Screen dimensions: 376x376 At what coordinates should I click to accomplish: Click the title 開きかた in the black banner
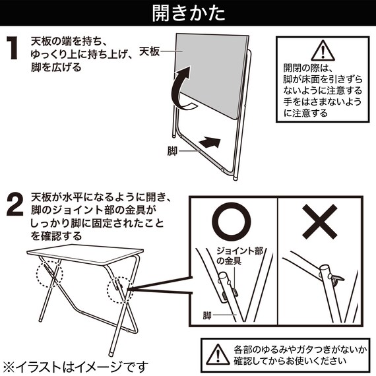pyautogui.click(x=187, y=13)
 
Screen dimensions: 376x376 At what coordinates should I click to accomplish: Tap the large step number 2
pyautogui.click(x=15, y=206)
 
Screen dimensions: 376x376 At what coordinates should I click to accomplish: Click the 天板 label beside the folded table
pyautogui.click(x=150, y=50)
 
